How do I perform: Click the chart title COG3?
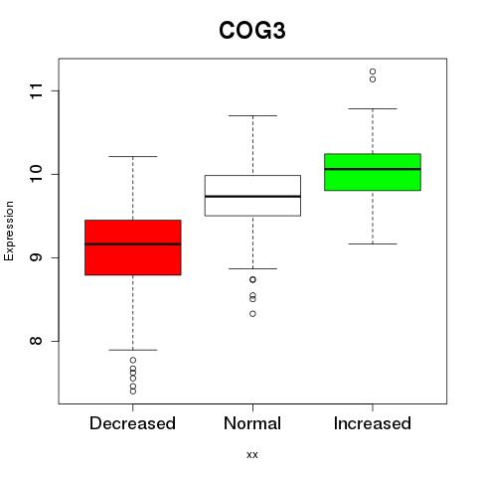click(x=252, y=31)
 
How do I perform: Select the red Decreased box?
click(x=133, y=247)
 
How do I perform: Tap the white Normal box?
click(x=252, y=196)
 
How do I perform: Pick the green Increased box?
click(x=373, y=172)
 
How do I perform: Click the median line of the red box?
click(x=133, y=244)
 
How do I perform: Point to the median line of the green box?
click(x=373, y=169)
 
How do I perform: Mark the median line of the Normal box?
click(x=252, y=197)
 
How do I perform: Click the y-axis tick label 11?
click(x=36, y=90)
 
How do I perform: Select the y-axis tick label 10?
click(x=36, y=174)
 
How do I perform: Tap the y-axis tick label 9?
click(x=36, y=257)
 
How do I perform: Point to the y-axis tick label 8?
click(x=36, y=341)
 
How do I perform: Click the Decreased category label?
click(x=132, y=423)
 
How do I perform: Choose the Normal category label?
click(x=252, y=423)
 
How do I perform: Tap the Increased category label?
click(x=373, y=423)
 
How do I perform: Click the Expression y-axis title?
click(x=9, y=231)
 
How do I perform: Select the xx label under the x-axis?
click(x=252, y=455)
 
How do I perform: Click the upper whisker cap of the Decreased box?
click(x=133, y=156)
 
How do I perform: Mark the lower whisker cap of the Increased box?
click(x=373, y=243)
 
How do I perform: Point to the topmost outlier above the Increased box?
click(x=373, y=72)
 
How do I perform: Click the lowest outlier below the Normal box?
click(x=252, y=314)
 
